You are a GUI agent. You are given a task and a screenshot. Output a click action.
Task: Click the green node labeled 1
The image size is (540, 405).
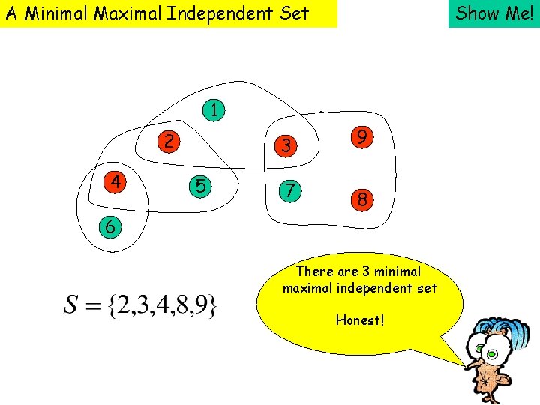pos(214,110)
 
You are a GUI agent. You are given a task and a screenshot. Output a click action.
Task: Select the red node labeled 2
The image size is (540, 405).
pos(169,141)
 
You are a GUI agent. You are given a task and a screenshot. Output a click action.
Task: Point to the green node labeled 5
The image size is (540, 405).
pos(199,185)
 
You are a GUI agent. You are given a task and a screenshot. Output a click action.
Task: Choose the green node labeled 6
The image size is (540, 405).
pos(110,226)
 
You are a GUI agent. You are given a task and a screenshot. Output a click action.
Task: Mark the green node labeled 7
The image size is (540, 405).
pos(286,190)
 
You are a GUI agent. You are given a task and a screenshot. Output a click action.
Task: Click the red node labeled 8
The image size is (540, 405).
pos(361,200)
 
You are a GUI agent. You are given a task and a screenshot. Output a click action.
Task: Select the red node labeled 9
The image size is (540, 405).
pos(361,137)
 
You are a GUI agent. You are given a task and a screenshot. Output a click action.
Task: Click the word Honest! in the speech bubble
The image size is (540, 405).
pos(360,320)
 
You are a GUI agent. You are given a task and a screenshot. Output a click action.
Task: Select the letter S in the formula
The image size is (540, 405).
pos(72,305)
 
